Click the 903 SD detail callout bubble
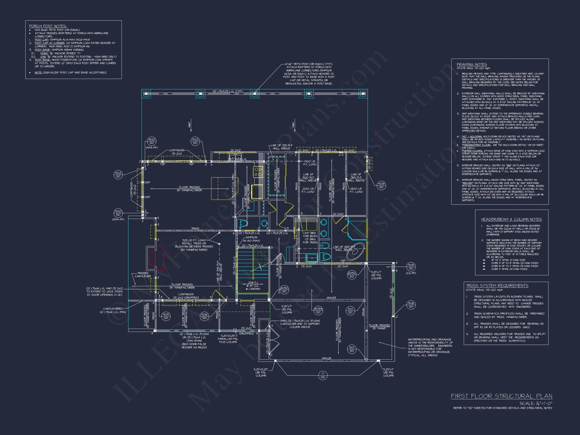[x=381, y=186]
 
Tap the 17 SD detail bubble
[x=323, y=375]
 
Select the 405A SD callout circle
[x=318, y=310]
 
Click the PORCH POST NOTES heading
[x=48, y=26]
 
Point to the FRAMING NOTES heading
[x=472, y=64]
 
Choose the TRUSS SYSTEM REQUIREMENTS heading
[x=497, y=285]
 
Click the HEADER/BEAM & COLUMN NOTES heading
[x=511, y=220]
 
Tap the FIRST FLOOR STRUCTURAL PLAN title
[x=501, y=396]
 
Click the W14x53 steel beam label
[x=332, y=298]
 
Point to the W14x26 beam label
[x=326, y=358]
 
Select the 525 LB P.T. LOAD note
[x=194, y=240]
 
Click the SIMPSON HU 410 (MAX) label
[x=251, y=239]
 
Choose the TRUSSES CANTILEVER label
[x=143, y=275]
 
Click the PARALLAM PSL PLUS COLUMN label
[x=228, y=339]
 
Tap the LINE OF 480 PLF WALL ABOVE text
[x=344, y=248]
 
